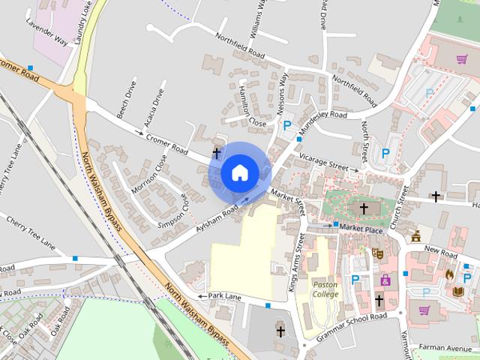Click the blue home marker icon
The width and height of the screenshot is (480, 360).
pos(239,172)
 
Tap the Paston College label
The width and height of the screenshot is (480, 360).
pos(325,289)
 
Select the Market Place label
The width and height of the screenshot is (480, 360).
pos(361,229)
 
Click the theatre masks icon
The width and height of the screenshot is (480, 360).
pos(377,253)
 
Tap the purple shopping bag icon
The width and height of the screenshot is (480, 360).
pos(385,280)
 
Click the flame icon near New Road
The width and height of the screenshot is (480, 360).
pos(449,275)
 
